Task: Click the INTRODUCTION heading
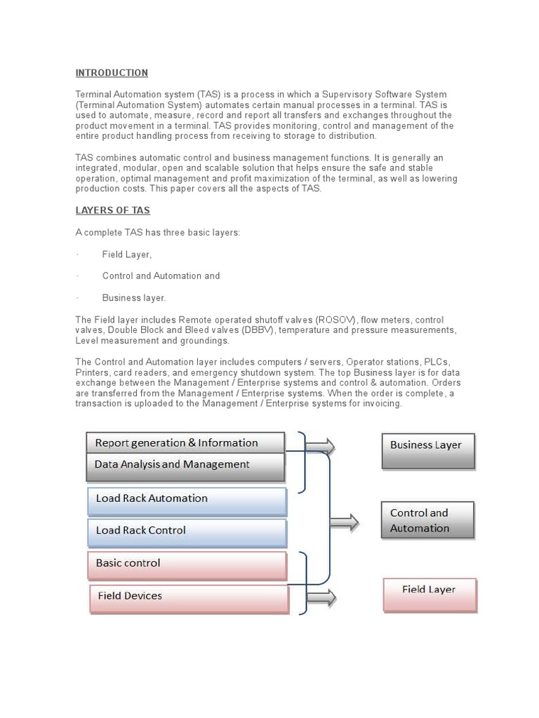coord(112,73)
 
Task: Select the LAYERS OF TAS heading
coord(112,210)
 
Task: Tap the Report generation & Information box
coord(185,443)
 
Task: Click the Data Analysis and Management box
coord(185,466)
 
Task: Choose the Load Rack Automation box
coord(187,500)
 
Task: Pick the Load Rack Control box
coord(187,531)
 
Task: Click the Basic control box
coord(187,564)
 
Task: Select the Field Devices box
coord(188,597)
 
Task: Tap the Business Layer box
coord(427,450)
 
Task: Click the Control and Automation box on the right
coord(427,520)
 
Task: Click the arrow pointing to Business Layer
coord(321,447)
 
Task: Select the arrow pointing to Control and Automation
coord(345,522)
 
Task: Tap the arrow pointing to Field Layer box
coord(321,598)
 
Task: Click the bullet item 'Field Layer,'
coord(126,255)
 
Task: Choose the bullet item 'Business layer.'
coord(134,298)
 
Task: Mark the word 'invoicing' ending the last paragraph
coord(382,403)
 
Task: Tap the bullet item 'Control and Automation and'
coord(161,276)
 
